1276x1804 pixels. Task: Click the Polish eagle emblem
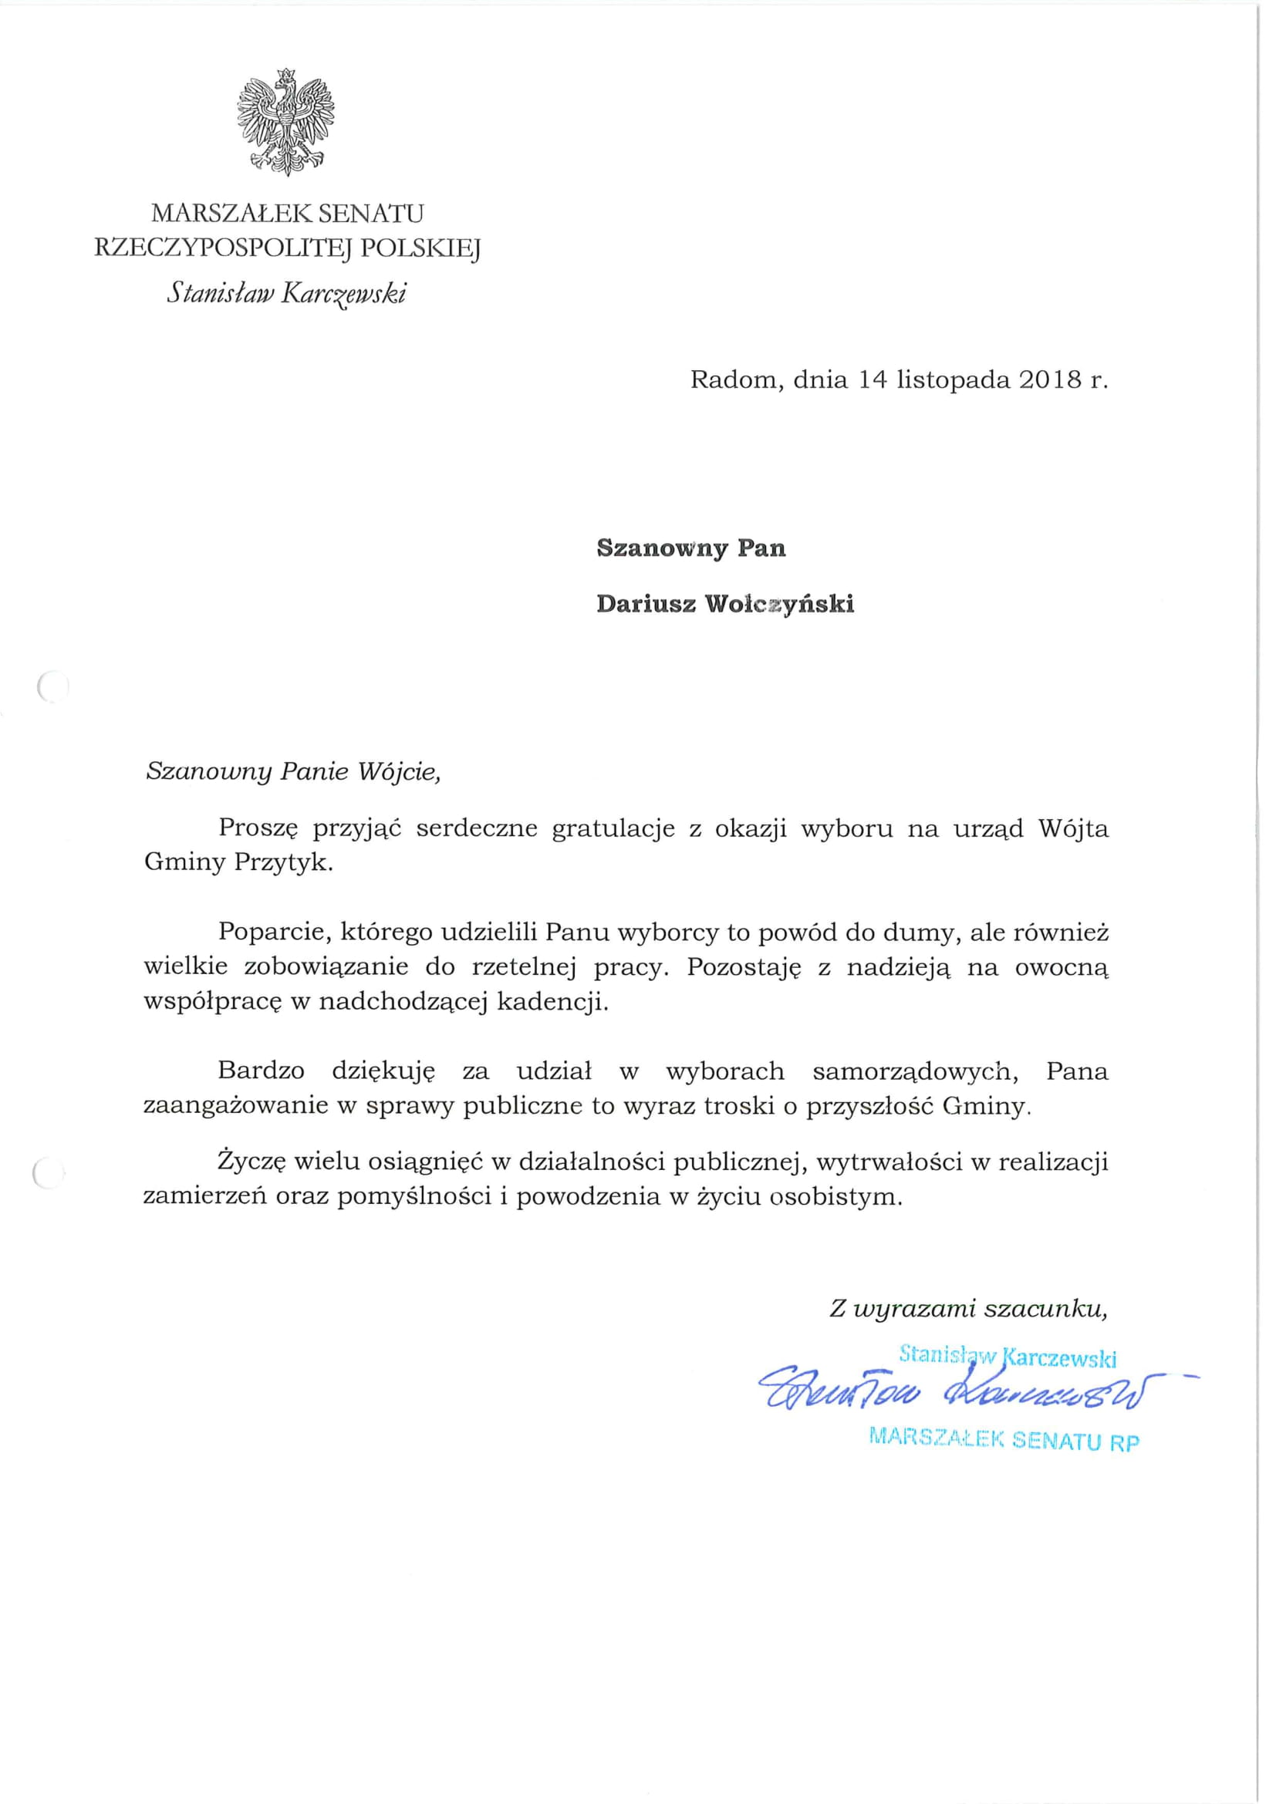pyautogui.click(x=286, y=123)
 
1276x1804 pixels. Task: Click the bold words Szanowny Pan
pyautogui.click(x=690, y=548)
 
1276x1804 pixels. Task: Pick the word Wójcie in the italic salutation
pyautogui.click(x=399, y=771)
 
